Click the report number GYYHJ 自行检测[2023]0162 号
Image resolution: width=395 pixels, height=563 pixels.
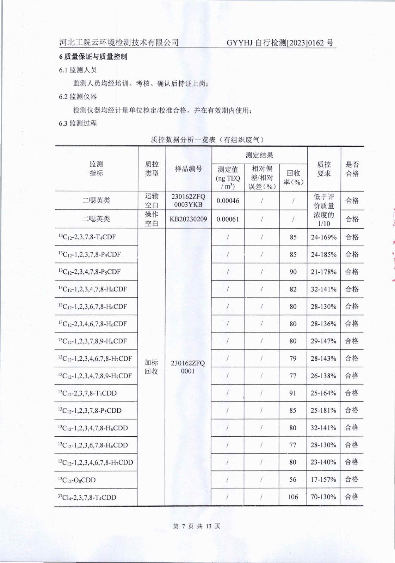click(x=280, y=43)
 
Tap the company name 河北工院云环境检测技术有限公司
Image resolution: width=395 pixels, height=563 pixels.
click(x=119, y=43)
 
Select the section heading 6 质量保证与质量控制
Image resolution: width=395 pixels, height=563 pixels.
click(x=93, y=57)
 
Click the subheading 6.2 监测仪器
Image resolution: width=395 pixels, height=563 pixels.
click(x=78, y=97)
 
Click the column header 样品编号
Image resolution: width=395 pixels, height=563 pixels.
click(x=189, y=169)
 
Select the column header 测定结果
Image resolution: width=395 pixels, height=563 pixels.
click(x=259, y=155)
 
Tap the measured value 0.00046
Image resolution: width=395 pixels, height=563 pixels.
click(x=228, y=201)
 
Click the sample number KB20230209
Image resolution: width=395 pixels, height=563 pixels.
click(x=188, y=219)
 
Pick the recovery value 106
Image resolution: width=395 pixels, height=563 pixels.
click(x=293, y=497)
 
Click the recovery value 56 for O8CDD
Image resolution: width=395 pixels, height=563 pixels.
click(x=293, y=480)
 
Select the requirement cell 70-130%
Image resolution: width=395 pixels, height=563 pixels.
click(x=323, y=497)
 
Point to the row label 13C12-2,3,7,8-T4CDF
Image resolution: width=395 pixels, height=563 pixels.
click(x=87, y=237)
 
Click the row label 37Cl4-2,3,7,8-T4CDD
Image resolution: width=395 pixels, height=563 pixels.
click(x=87, y=497)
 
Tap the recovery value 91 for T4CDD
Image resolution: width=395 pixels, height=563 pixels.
click(x=293, y=393)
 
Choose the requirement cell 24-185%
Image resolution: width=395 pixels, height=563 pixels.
click(x=323, y=254)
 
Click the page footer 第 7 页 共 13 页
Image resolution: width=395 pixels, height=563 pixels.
click(x=197, y=526)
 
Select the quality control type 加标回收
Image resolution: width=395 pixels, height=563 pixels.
click(x=152, y=367)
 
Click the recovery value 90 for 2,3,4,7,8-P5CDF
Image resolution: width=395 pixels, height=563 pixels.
click(x=293, y=272)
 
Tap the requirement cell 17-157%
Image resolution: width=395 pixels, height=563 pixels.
click(x=323, y=480)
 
